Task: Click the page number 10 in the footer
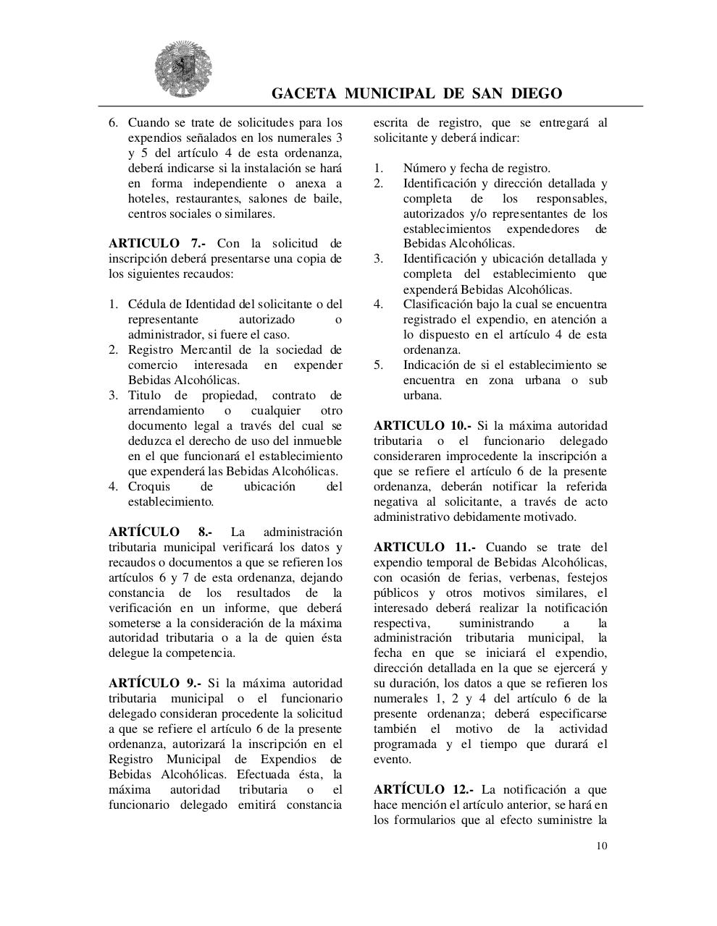[x=602, y=846]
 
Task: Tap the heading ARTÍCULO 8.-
[x=160, y=532]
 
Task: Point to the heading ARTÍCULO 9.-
[x=155, y=684]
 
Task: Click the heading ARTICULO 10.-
[x=422, y=426]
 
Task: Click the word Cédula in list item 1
[x=147, y=305]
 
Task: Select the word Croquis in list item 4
[x=149, y=487]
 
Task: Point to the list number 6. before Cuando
[x=114, y=123]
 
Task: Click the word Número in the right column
[x=425, y=169]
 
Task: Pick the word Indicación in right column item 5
[x=432, y=365]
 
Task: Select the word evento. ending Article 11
[x=393, y=760]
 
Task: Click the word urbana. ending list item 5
[x=422, y=396]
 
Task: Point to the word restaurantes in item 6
[x=196, y=199]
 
